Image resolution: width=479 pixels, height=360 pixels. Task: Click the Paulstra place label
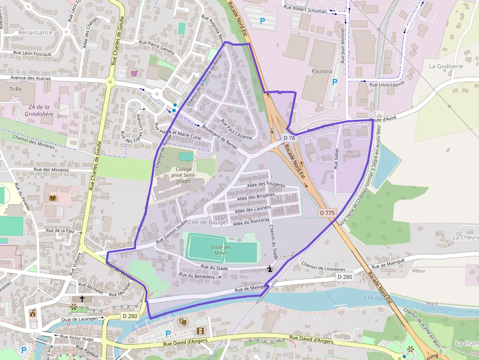pos(322,71)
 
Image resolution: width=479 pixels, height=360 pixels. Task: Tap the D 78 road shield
pos(289,138)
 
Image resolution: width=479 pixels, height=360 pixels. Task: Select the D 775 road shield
pos(327,212)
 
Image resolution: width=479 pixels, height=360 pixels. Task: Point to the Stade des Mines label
pos(221,250)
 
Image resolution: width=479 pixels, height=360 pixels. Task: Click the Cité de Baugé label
pos(207,222)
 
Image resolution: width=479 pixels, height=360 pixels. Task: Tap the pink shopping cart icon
pos(134,73)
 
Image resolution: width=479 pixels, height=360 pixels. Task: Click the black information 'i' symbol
pos(270,269)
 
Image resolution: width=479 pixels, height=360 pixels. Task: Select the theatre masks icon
pos(183,321)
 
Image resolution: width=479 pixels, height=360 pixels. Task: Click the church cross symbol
pos(82,298)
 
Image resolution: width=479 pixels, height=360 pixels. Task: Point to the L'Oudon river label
pos(374,297)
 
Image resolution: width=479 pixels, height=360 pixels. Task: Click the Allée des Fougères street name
pos(266,185)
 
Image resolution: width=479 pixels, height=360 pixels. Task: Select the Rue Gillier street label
pos(336,159)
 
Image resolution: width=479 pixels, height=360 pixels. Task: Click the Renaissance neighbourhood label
pos(35,32)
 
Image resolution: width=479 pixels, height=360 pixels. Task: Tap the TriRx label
pos(16,89)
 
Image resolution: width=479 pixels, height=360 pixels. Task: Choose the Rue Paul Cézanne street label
pos(236,129)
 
